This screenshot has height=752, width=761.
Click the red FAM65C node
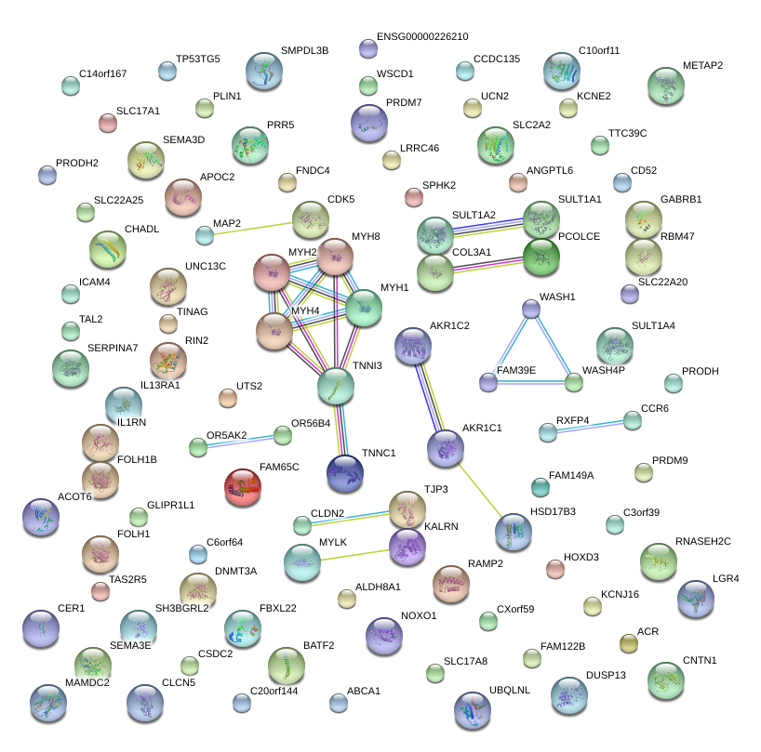(244, 486)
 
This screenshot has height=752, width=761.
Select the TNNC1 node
(344, 473)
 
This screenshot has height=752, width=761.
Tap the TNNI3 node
(336, 386)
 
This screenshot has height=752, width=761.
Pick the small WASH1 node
(530, 308)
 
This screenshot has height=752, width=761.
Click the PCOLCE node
(541, 257)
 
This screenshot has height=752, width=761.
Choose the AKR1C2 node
(412, 346)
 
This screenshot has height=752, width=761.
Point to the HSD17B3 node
(513, 532)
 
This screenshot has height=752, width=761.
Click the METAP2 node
(666, 86)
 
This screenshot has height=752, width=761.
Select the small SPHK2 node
(414, 196)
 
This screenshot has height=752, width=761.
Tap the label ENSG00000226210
(422, 37)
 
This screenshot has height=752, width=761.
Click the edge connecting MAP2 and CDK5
(257, 228)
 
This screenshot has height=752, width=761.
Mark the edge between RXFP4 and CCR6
(591, 426)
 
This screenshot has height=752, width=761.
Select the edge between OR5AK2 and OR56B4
(240, 442)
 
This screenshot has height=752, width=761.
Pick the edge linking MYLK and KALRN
(354, 553)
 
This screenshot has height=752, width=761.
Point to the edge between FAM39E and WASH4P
(531, 381)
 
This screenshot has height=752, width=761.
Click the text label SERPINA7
(113, 349)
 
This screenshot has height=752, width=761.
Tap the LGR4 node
(696, 600)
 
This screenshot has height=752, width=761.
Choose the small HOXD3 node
(555, 568)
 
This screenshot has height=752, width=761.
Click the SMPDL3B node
(264, 72)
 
